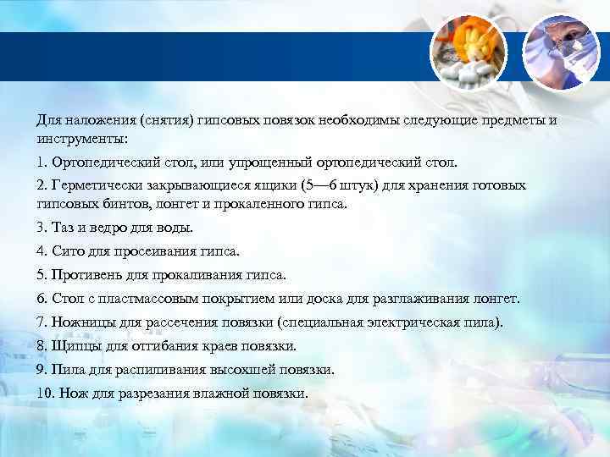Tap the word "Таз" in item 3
pos(63,228)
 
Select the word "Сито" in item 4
pos(67,251)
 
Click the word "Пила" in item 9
pos(68,370)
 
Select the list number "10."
pos(46,394)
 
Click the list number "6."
pos(42,299)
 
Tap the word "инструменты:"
pos(81,137)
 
